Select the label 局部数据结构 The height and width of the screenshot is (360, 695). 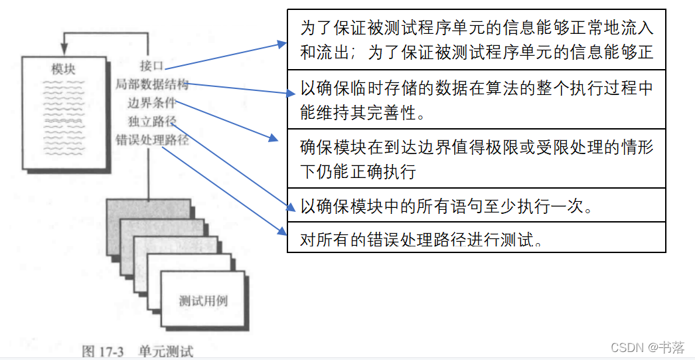coord(152,84)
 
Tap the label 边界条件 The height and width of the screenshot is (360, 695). coord(152,103)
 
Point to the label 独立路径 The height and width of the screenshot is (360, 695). coord(152,122)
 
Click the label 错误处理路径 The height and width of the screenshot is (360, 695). coord(152,140)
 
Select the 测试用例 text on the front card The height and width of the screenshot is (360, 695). coord(203,300)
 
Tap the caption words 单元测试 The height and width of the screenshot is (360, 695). coord(166,350)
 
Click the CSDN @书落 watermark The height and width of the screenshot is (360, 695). coord(647,347)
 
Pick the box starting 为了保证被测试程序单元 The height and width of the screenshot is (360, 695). coord(476,40)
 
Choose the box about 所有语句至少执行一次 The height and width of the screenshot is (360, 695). coord(476,205)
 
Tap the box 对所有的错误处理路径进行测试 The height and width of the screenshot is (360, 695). coord(476,237)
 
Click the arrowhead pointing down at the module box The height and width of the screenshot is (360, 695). coord(64,49)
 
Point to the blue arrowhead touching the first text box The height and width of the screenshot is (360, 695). coord(281,45)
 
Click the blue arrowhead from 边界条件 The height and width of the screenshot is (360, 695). coord(273,139)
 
